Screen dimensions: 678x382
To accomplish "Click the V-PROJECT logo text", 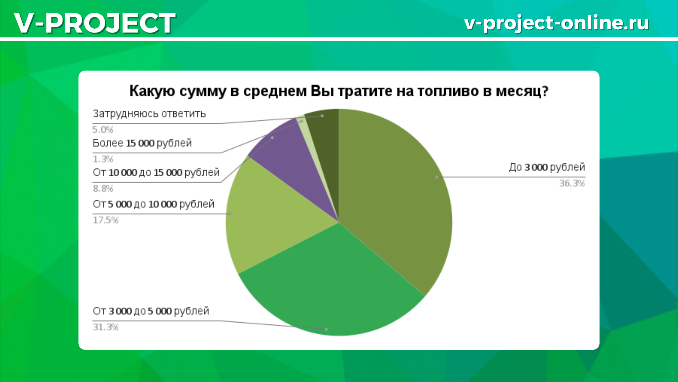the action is coord(95,23).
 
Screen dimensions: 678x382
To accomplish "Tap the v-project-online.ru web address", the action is coord(557,23).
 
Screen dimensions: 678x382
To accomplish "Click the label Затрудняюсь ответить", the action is coord(149,114).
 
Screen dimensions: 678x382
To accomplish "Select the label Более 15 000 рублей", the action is coord(142,143).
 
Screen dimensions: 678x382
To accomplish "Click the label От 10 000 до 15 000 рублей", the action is coord(156,173).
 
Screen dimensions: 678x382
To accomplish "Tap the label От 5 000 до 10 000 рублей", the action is coord(153,204).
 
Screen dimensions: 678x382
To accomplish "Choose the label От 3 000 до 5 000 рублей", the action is coord(151,311).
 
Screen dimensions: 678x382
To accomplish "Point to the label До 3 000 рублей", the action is coord(547,167).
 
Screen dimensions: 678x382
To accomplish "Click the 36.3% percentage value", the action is coord(572,183).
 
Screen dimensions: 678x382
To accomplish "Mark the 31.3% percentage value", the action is coord(106,327).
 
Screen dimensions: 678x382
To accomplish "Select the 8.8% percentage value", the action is coord(103,189).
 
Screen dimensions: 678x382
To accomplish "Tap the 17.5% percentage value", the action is coord(106,220).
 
